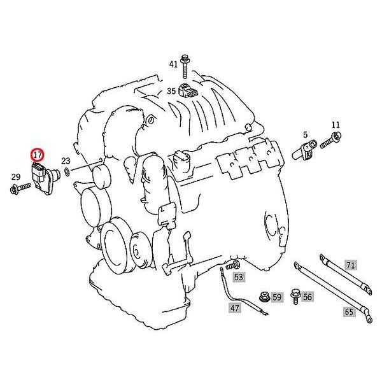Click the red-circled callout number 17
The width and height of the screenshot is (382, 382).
(x=37, y=154)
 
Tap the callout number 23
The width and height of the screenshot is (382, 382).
(x=66, y=161)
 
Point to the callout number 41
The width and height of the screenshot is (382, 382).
(x=174, y=64)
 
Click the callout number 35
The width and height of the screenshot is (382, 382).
(x=171, y=91)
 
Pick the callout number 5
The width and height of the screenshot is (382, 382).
(x=306, y=134)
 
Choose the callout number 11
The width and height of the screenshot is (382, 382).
(x=336, y=125)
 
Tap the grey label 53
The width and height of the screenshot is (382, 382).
(x=239, y=277)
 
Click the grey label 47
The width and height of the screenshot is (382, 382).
(x=236, y=308)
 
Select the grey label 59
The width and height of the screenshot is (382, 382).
(x=276, y=297)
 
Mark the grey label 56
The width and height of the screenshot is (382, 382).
(x=307, y=297)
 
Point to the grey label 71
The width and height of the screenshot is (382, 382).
(x=350, y=264)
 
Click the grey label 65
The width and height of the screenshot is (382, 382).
(x=349, y=312)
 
